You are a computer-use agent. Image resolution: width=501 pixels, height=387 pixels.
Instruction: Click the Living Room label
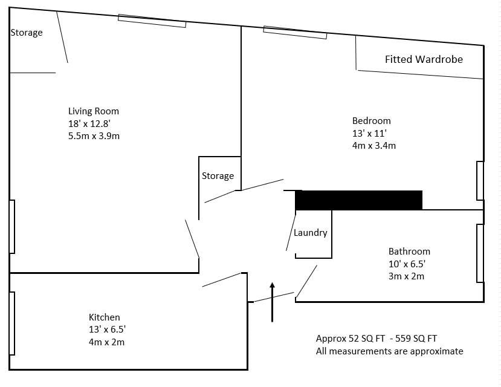94,111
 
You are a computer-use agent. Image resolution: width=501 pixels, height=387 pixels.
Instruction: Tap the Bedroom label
371,121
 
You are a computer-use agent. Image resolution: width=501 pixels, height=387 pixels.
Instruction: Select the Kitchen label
105,317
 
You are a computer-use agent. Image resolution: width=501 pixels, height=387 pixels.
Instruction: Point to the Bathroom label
409,252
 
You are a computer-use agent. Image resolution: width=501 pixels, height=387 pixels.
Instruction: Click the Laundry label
310,233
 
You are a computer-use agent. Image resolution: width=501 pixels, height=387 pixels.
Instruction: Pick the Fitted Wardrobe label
424,59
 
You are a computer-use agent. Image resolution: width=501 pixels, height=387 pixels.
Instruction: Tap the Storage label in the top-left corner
27,33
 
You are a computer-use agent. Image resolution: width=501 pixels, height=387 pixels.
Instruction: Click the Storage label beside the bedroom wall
218,176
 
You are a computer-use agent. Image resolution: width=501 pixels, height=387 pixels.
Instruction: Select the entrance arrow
272,302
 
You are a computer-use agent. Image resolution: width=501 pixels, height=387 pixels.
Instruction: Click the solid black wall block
359,200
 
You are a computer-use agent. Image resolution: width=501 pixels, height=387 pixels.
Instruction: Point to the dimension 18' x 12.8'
89,124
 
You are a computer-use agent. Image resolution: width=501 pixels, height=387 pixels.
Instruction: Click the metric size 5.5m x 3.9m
94,136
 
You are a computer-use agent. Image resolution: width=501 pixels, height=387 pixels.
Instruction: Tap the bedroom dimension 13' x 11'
369,133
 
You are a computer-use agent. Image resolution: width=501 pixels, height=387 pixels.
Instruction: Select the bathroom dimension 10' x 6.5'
407,264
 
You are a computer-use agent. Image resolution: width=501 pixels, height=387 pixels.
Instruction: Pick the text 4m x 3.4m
374,146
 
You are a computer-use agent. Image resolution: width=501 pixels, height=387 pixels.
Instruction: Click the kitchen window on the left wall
12,324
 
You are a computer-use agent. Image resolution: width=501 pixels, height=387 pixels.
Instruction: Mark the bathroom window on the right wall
480,253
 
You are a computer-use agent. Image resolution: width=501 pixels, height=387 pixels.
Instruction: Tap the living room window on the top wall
152,21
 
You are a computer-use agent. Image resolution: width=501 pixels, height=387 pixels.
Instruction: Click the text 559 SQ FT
416,339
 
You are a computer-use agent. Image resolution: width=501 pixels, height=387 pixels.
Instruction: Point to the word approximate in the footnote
437,351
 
